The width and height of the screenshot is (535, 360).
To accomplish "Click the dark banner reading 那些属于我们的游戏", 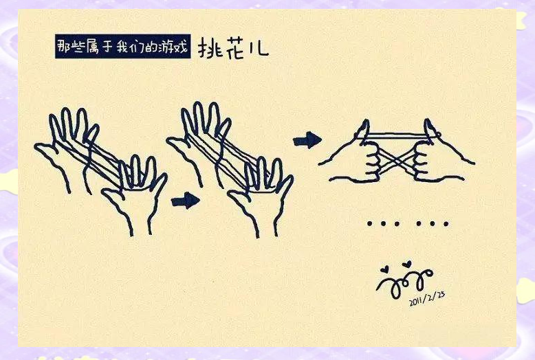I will click(122, 46).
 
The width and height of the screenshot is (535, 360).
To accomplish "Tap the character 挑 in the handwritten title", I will click(212, 47).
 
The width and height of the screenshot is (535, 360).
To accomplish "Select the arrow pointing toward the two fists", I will click(307, 141).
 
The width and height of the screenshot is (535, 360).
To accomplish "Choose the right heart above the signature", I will click(407, 263).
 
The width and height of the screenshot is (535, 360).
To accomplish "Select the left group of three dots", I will click(380, 223).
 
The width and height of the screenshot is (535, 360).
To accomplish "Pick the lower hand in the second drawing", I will click(261, 199).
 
